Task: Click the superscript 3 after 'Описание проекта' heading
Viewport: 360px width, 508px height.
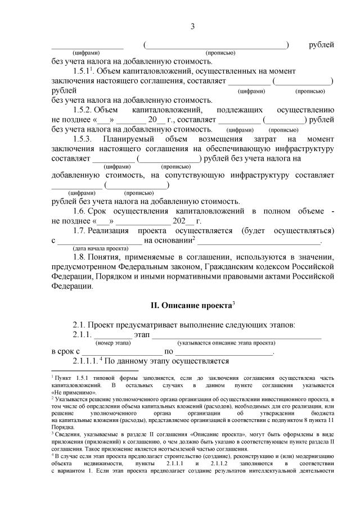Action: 233,303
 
